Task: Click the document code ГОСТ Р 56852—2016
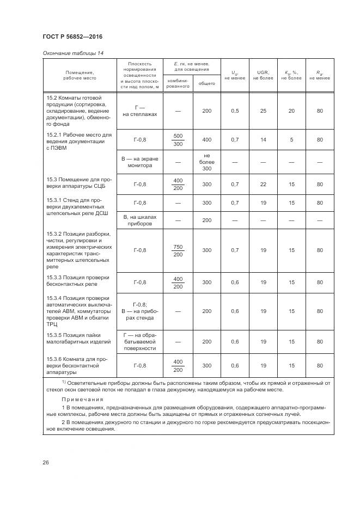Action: (x=72, y=36)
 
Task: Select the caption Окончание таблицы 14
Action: (x=72, y=53)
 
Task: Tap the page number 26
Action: (x=46, y=463)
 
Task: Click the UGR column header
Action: (x=263, y=75)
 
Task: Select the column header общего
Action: (x=206, y=83)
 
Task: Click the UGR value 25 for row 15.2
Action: (x=263, y=111)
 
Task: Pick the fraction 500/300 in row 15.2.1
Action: (x=178, y=140)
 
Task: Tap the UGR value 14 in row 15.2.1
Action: (x=263, y=140)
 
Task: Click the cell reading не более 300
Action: (x=206, y=162)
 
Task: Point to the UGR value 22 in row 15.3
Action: (x=263, y=185)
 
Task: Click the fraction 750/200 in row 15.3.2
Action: (x=178, y=250)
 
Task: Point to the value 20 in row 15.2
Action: (x=291, y=111)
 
